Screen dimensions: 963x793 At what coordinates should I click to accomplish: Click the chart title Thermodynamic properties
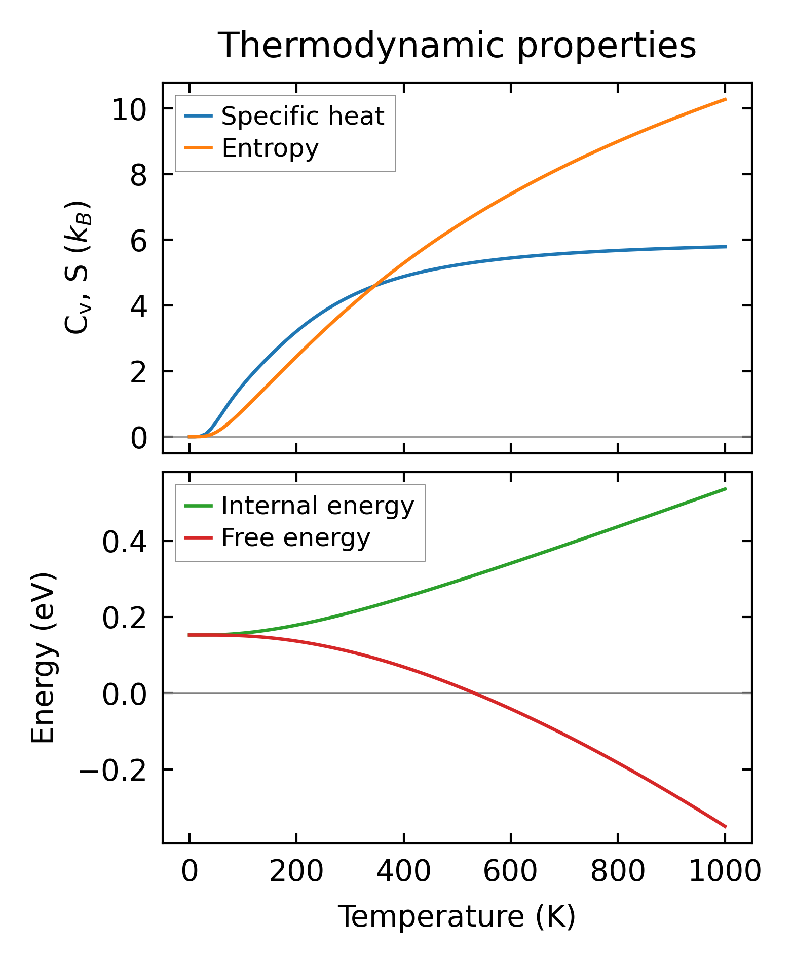pyautogui.click(x=457, y=46)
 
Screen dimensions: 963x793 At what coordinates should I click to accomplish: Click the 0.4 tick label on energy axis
pyautogui.click(x=125, y=542)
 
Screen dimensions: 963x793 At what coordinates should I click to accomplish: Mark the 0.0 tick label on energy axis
pyautogui.click(x=125, y=694)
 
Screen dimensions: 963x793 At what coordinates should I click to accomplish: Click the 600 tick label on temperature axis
pyautogui.click(x=510, y=872)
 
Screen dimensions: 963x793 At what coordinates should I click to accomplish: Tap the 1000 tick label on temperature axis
pyautogui.click(x=725, y=872)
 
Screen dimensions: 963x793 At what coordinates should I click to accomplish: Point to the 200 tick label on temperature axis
pyautogui.click(x=296, y=872)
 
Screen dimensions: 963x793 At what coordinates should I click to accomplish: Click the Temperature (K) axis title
pyautogui.click(x=457, y=916)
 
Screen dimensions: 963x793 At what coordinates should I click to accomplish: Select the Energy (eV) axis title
pyautogui.click(x=43, y=659)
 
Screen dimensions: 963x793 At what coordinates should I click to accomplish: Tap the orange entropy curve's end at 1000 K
pyautogui.click(x=725, y=99)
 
